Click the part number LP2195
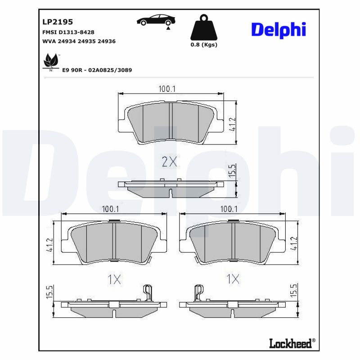pyautogui.click(x=58, y=22)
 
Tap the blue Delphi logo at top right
pyautogui.click(x=278, y=29)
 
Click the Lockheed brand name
pyautogui.click(x=290, y=344)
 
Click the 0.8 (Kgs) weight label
pyautogui.click(x=204, y=45)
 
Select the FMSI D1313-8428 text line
pyautogui.click(x=68, y=32)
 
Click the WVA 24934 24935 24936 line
pyautogui.click(x=79, y=41)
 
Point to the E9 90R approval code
pyautogui.click(x=97, y=70)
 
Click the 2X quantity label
pyautogui.click(x=169, y=162)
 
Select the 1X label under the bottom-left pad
pyautogui.click(x=114, y=279)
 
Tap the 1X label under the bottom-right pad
pyautogui.click(x=232, y=279)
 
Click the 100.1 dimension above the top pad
pyautogui.click(x=166, y=89)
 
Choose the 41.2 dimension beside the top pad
pyautogui.click(x=233, y=124)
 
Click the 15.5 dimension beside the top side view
pyautogui.click(x=233, y=171)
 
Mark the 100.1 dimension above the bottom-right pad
pyautogui.click(x=229, y=209)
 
